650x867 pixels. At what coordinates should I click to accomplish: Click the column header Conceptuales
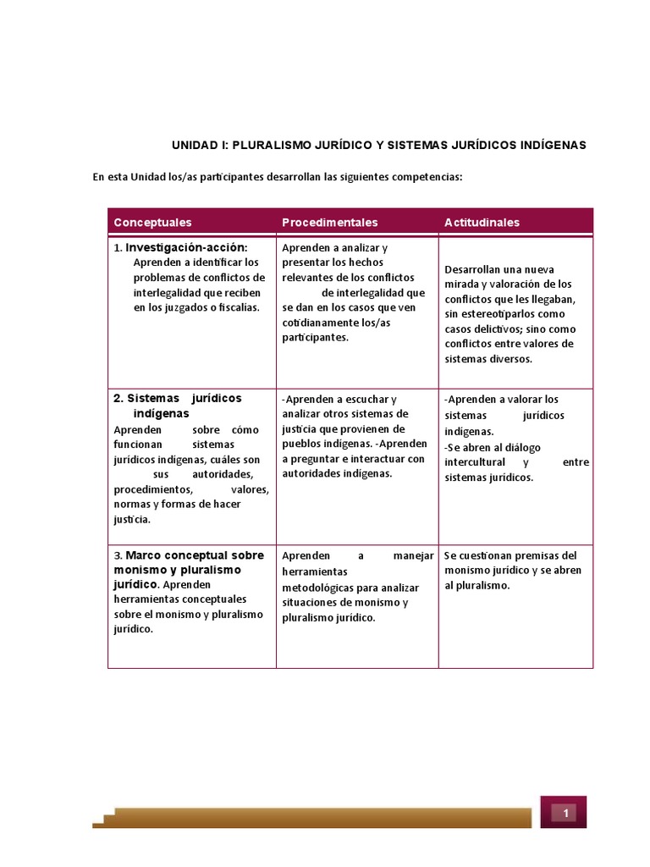[x=152, y=223]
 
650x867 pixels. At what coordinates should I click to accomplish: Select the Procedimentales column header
[x=329, y=223]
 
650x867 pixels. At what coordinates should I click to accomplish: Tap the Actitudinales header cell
[x=482, y=223]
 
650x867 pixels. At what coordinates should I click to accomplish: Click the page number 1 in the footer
[x=564, y=814]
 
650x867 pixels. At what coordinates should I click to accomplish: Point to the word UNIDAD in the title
[x=194, y=146]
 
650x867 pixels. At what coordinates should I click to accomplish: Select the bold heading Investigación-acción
[x=186, y=247]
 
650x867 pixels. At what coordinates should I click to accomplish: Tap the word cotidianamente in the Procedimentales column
[x=323, y=323]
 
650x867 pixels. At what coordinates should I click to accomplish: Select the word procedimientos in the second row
[x=153, y=490]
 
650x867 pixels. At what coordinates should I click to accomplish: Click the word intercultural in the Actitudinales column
[x=475, y=462]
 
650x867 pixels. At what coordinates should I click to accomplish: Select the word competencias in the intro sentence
[x=425, y=178]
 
